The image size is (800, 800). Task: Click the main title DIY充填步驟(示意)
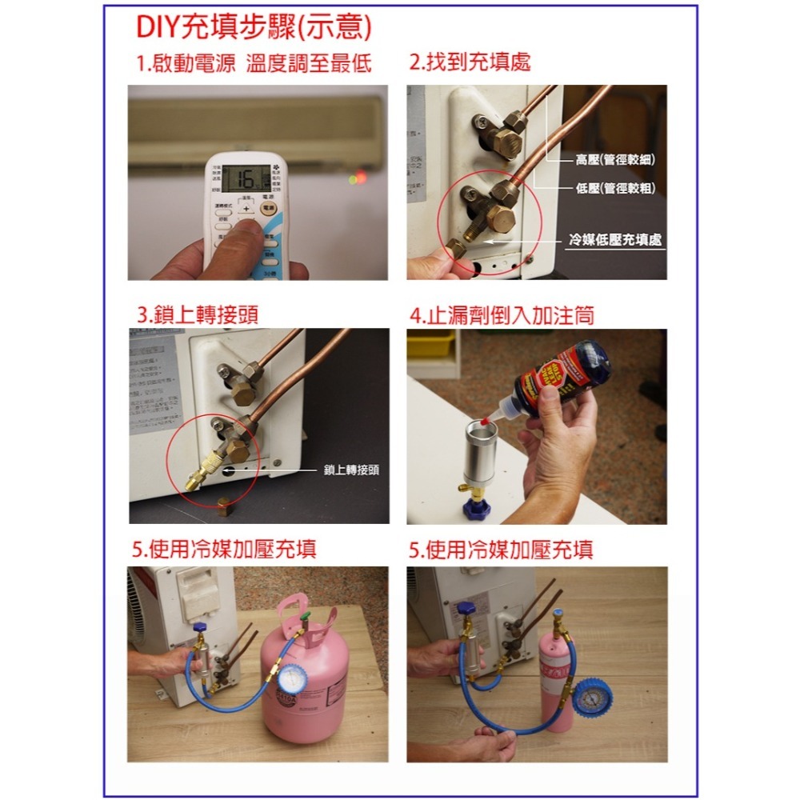point(254,27)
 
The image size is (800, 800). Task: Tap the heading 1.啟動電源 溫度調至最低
point(254,64)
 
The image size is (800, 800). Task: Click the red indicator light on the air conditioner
point(362,176)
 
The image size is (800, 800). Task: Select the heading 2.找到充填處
point(470,62)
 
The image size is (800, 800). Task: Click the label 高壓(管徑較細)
point(614,161)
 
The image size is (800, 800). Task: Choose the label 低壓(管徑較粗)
point(614,189)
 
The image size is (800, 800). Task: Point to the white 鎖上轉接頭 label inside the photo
point(351,470)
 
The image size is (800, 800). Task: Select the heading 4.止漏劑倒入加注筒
point(502,315)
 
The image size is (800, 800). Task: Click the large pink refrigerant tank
point(308,680)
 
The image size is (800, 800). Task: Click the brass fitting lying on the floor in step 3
point(226,505)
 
